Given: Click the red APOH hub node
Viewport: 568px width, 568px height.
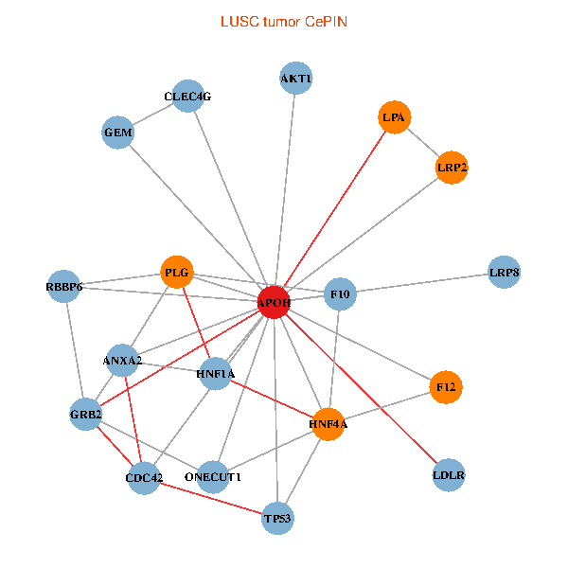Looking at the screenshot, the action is point(274,302).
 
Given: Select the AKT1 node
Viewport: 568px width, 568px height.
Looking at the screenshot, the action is point(296,78).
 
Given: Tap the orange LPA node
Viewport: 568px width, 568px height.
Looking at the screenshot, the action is point(394,118).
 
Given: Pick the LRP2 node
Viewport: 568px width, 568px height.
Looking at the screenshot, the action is point(452,168).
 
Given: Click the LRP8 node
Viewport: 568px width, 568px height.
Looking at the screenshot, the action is point(504,273).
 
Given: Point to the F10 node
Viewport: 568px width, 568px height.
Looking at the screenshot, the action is point(340,294).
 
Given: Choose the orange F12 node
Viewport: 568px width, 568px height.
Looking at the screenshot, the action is point(446,386).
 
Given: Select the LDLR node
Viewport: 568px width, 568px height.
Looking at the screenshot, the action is point(449,474).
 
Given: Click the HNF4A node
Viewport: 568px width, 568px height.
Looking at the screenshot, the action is point(328,424).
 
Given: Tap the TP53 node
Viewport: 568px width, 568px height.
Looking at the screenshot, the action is point(278,518).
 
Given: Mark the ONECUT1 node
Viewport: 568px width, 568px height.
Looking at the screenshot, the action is point(214,476).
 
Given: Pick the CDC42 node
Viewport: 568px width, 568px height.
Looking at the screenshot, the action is point(144,477).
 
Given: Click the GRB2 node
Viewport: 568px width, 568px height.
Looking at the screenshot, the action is point(86,414).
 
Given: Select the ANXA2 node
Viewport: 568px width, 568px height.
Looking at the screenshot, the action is point(122,361).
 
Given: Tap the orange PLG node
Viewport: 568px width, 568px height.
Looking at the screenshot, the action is point(177,274).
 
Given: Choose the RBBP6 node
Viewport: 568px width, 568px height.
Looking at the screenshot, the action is point(64,286).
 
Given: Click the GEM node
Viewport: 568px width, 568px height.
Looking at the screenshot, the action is point(118,133).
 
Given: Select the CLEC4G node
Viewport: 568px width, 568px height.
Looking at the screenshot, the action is point(188,96).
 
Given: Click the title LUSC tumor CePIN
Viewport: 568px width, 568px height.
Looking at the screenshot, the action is point(284,21).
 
